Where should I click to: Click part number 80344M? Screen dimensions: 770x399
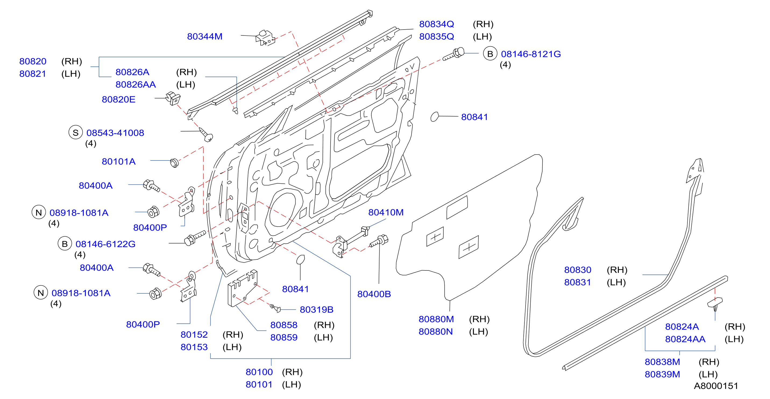[x=205, y=37]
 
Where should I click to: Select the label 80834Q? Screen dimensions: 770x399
[x=437, y=24]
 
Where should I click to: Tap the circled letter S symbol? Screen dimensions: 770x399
[x=76, y=132]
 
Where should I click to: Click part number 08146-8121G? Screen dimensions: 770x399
[x=531, y=54]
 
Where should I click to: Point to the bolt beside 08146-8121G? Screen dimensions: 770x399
[x=454, y=54]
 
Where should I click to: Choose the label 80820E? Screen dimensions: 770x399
[x=119, y=99]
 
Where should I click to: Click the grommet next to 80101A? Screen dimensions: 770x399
[x=174, y=163]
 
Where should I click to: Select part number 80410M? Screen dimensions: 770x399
[x=386, y=212]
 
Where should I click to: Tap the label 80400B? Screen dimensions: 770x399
[x=374, y=294]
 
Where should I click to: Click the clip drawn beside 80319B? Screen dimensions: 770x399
[x=275, y=308]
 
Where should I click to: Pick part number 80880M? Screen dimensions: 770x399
[x=436, y=319]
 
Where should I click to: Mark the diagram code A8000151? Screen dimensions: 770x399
[x=716, y=386]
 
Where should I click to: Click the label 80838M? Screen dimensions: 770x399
[x=662, y=362]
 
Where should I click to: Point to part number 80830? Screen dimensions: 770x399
[x=578, y=270]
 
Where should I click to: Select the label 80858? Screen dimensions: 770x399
[x=284, y=325]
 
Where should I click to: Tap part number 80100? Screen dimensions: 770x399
[x=259, y=372]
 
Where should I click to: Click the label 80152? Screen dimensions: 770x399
[x=194, y=335]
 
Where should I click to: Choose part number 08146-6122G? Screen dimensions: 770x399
[x=105, y=244]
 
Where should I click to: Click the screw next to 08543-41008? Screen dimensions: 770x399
[x=206, y=134]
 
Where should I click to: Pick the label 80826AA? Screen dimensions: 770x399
[x=136, y=85]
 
